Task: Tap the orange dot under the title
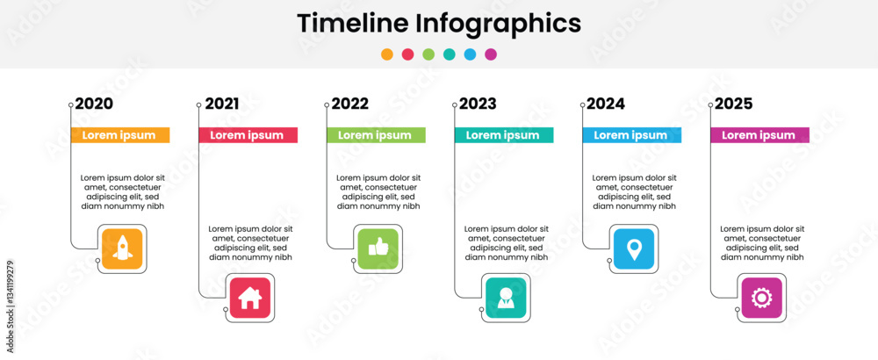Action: [387, 54]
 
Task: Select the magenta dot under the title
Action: [491, 54]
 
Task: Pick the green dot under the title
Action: [428, 54]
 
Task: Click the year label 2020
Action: [94, 104]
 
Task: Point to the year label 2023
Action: [478, 104]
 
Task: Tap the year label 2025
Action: [733, 104]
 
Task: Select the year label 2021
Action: [222, 104]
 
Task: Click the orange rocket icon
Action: [122, 248]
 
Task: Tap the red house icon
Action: [250, 298]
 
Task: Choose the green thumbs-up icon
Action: [378, 248]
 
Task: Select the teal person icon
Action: [507, 298]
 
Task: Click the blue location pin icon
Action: [634, 248]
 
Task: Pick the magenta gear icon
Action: [762, 298]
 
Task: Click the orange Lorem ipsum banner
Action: [120, 135]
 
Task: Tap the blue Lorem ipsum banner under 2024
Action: [632, 135]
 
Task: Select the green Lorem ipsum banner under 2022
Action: [377, 135]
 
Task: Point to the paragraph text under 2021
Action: [251, 243]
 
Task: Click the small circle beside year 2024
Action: [583, 104]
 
